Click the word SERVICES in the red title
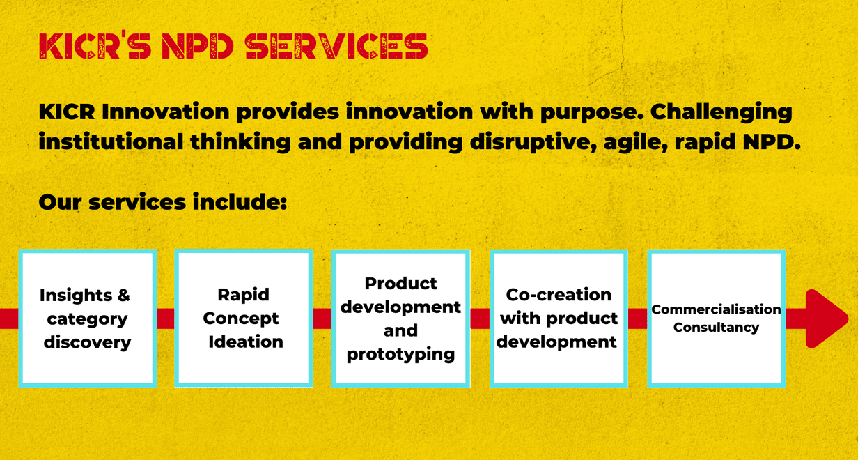point(336,46)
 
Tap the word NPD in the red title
point(198,46)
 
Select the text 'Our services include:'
point(163,201)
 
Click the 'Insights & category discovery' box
point(88,318)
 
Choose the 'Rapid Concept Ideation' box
point(244,318)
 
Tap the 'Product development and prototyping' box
point(400,318)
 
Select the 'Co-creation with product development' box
point(559,318)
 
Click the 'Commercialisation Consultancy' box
point(716,318)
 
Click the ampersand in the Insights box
point(124,296)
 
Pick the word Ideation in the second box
point(246,342)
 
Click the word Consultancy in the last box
point(716,328)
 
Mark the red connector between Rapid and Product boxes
point(322,319)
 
